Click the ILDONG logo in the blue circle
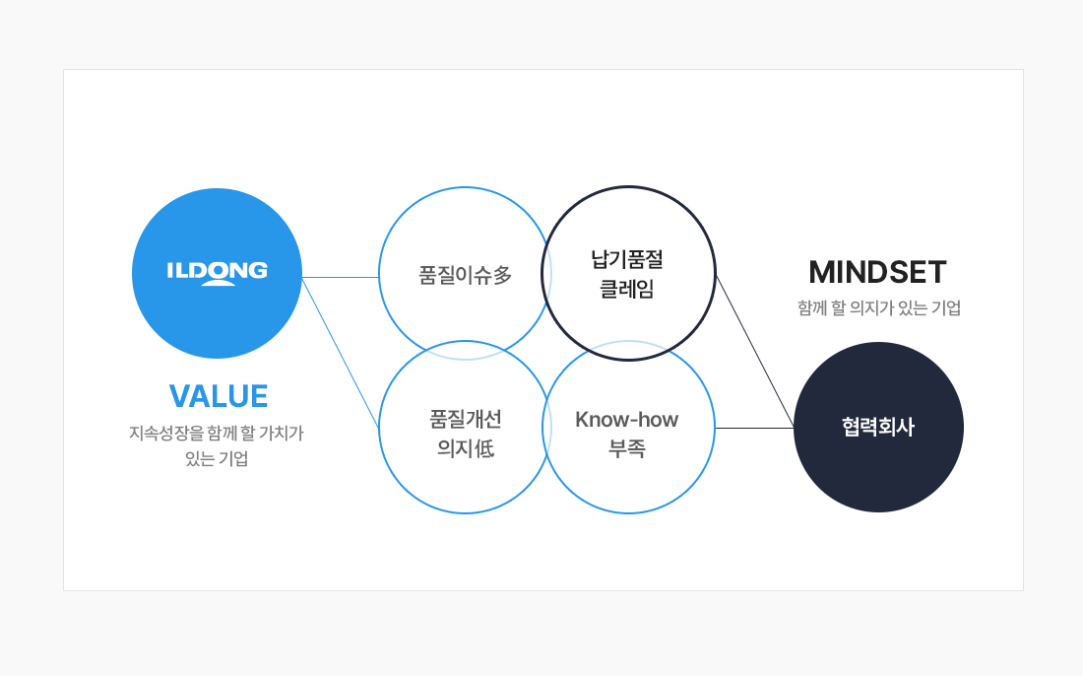pos(217,273)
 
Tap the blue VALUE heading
pos(219,396)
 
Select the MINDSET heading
pos(877,272)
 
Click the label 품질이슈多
pos(465,275)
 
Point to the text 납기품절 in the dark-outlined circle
pos(627,260)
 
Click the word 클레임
pos(627,289)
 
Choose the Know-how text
pos(626,420)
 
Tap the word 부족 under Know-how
pos(627,448)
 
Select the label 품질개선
pos(466,419)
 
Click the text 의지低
pos(466,448)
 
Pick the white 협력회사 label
pos(878,427)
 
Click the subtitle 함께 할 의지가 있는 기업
pos(879,307)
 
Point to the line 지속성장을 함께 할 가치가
pos(217,434)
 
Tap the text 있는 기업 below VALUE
pos(217,458)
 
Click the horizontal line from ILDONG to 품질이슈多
pos(341,277)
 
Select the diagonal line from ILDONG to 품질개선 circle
pos(341,353)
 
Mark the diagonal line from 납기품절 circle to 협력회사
pos(755,352)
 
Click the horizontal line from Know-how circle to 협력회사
pos(754,428)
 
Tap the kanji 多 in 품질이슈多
pos(503,275)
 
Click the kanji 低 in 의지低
pos(484,448)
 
